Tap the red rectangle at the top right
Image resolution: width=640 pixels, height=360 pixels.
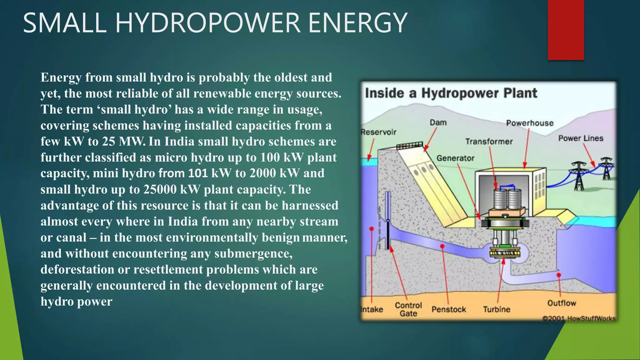[566, 30]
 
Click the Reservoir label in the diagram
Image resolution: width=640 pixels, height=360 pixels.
[378, 132]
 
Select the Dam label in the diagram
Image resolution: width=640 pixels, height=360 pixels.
[438, 122]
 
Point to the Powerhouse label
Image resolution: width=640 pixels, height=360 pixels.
[530, 123]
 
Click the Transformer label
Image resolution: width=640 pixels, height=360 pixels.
[489, 142]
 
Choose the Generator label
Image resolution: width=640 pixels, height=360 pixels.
[455, 158]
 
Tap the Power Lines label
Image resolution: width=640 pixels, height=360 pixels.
[581, 138]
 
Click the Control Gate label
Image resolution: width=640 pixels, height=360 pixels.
[408, 309]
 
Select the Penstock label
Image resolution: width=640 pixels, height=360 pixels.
[449, 309]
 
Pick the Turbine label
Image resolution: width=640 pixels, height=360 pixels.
[497, 309]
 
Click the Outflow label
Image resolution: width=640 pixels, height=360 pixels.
[562, 303]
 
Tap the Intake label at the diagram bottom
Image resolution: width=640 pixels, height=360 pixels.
[372, 309]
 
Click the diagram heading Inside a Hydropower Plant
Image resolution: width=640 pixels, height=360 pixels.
[451, 93]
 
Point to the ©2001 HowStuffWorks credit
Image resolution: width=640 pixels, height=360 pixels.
[579, 318]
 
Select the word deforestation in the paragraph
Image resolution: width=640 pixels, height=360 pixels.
[77, 269]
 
